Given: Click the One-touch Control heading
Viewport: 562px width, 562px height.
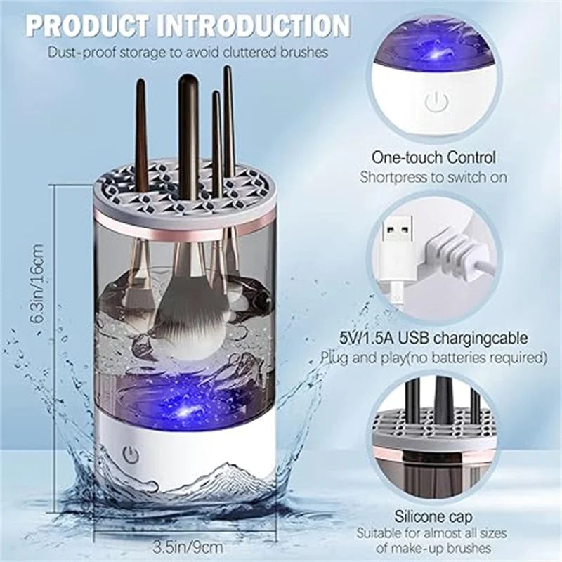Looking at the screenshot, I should tap(433, 157).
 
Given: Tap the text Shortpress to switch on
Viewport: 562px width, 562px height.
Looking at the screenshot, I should tap(433, 177).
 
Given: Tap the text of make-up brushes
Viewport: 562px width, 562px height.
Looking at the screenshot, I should tap(433, 549).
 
